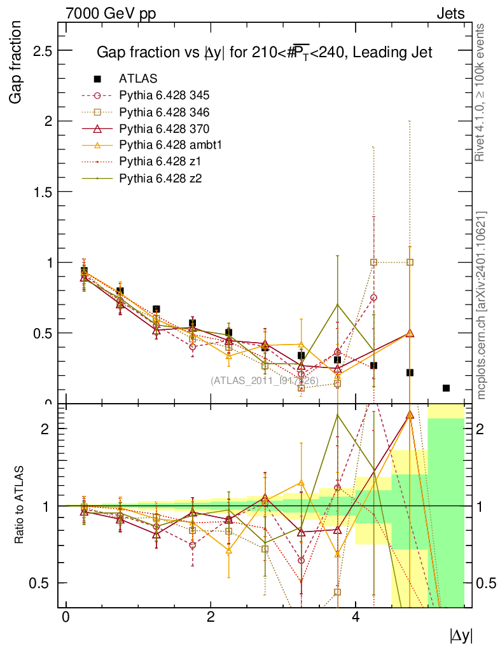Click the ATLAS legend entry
pyautogui.click(x=138, y=79)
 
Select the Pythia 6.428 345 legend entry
pyautogui.click(x=164, y=95)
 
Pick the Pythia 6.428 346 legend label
pyautogui.click(x=164, y=112)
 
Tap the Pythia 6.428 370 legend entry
pyautogui.click(x=164, y=128)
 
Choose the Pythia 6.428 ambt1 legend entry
pyautogui.click(x=169, y=145)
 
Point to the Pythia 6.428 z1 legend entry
pyautogui.click(x=160, y=161)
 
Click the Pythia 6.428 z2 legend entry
pyautogui.click(x=160, y=178)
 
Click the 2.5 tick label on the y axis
pyautogui.click(x=42, y=50)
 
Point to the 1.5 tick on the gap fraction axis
pyautogui.click(x=42, y=191)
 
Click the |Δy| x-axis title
pyautogui.click(x=461, y=635)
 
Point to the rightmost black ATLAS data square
pyautogui.click(x=446, y=388)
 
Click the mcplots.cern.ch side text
pyautogui.click(x=482, y=305)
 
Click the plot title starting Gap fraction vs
pyautogui.click(x=264, y=53)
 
